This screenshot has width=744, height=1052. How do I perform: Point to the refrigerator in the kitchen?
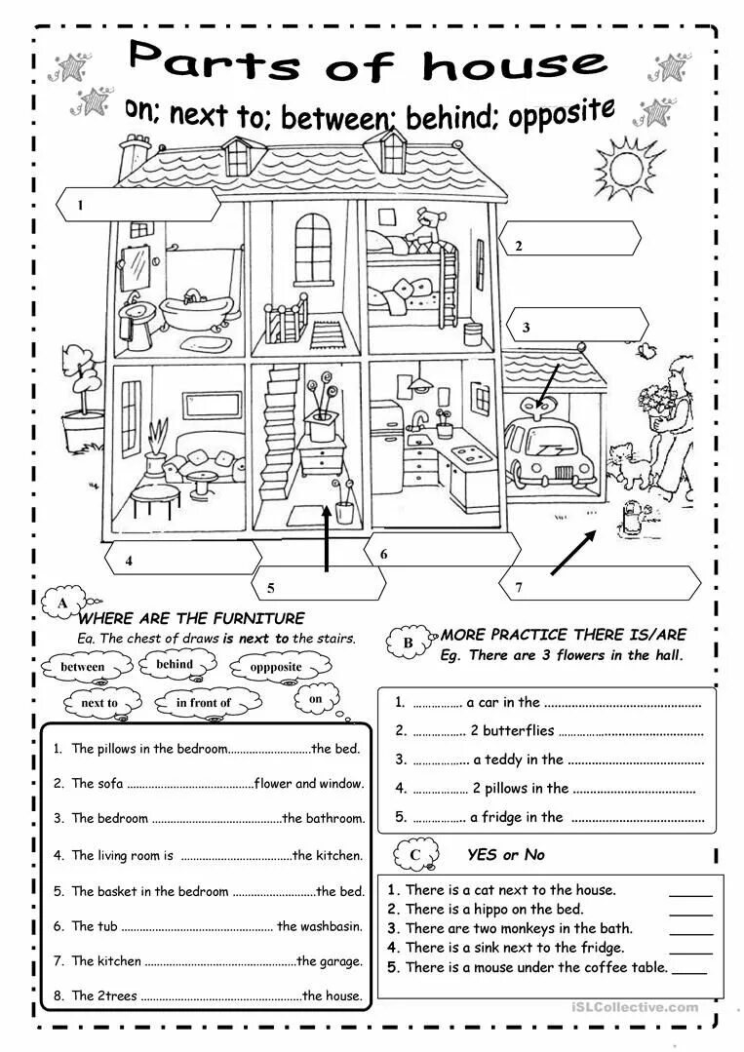pyautogui.click(x=387, y=445)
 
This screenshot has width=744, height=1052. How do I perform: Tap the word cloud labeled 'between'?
pyautogui.click(x=82, y=668)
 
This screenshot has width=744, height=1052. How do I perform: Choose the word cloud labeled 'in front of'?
pyautogui.click(x=204, y=702)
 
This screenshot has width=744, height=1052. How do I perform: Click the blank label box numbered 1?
pyautogui.click(x=137, y=205)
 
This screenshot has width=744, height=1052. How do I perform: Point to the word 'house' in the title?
pyautogui.click(x=515, y=65)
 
